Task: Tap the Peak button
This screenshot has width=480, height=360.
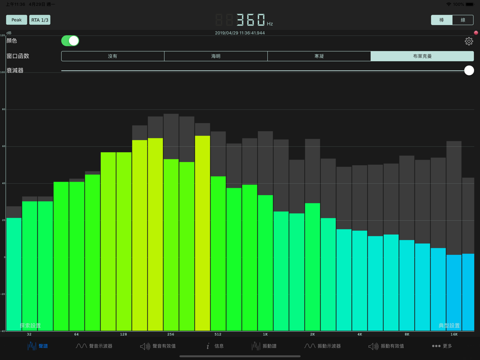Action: pyautogui.click(x=17, y=20)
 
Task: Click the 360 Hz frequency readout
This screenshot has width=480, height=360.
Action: pyautogui.click(x=250, y=20)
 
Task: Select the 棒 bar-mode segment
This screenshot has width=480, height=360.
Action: pyautogui.click(x=442, y=20)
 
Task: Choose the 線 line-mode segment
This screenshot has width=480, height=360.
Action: pyautogui.click(x=463, y=20)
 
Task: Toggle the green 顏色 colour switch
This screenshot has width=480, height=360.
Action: pyautogui.click(x=70, y=41)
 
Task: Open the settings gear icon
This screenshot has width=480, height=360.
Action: pyautogui.click(x=469, y=41)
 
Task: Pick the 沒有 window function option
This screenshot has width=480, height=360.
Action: pyautogui.click(x=113, y=56)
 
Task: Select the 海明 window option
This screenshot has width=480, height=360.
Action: pyautogui.click(x=216, y=56)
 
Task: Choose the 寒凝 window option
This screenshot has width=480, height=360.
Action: pyautogui.click(x=319, y=56)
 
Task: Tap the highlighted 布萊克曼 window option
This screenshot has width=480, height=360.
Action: pyautogui.click(x=422, y=56)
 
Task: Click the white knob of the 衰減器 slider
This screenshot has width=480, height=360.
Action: pyautogui.click(x=469, y=70)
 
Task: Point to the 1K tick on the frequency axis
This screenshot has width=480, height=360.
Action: pyautogui.click(x=265, y=334)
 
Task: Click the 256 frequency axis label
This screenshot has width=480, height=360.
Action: pyautogui.click(x=170, y=334)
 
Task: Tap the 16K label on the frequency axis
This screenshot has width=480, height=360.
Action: pyautogui.click(x=454, y=334)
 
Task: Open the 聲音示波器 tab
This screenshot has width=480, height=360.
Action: pyautogui.click(x=94, y=346)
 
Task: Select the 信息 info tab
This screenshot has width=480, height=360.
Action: pyautogui.click(x=215, y=346)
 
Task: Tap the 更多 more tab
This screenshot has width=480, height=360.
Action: pyautogui.click(x=442, y=346)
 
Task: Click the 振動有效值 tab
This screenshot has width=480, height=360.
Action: pyautogui.click(x=386, y=346)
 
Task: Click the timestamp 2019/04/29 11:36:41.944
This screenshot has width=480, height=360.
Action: pyautogui.click(x=240, y=33)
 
